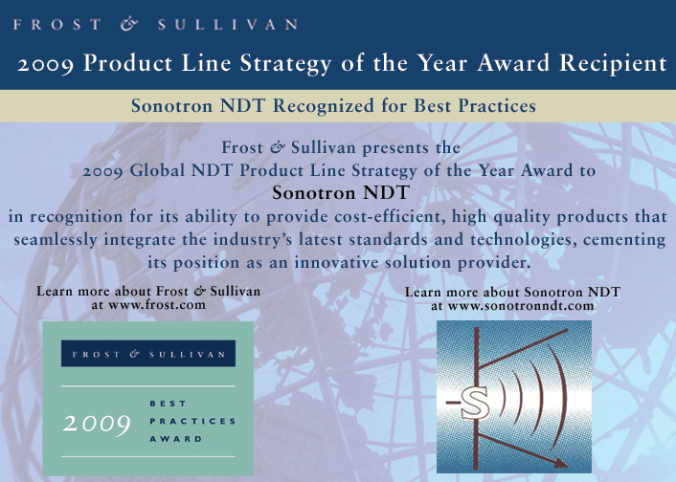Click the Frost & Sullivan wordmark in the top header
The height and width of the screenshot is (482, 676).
[x=155, y=24]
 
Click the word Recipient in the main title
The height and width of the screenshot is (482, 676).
[x=613, y=64]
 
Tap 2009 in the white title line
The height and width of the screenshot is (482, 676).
[x=45, y=65]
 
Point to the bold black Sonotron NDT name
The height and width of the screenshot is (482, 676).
[x=341, y=192]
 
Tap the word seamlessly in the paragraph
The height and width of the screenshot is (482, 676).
[x=56, y=240]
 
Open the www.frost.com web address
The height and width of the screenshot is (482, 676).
[x=157, y=305]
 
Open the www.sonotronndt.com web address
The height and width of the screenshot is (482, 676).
[x=520, y=306]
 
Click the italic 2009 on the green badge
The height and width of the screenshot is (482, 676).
[x=97, y=424]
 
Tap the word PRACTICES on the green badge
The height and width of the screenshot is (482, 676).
[x=192, y=421]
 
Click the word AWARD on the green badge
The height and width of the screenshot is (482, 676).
[x=176, y=439]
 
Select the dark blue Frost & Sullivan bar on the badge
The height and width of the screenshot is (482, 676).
[x=148, y=354]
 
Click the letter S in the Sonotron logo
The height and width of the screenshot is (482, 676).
[x=475, y=403]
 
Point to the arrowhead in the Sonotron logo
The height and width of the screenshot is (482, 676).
[x=560, y=463]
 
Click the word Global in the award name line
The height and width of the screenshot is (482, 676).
[x=157, y=170]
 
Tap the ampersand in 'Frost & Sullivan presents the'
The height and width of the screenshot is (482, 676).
[x=278, y=147]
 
